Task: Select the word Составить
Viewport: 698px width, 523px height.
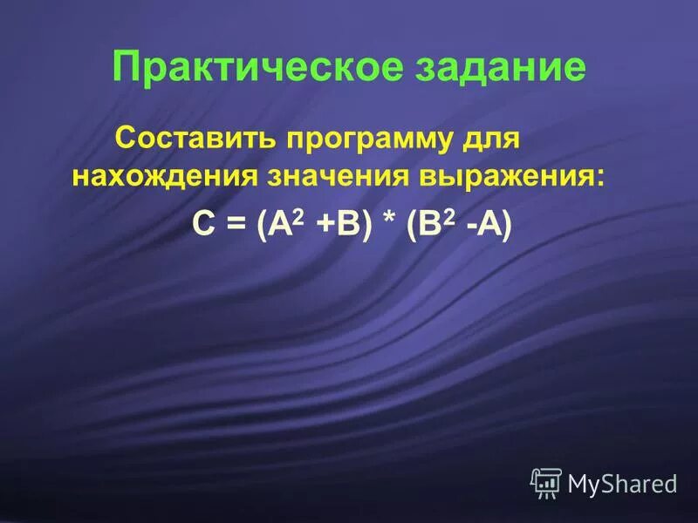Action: (197, 138)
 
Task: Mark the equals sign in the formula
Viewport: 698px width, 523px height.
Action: (233, 223)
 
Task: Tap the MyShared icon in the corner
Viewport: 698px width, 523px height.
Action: (545, 481)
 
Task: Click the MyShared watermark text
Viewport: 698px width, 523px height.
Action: (622, 483)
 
